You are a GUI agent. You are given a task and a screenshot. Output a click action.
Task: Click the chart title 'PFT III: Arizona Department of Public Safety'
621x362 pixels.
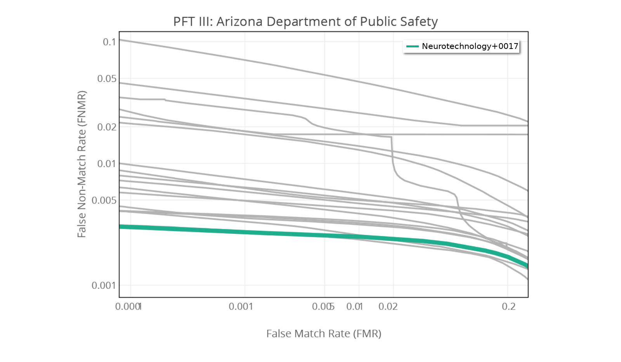click(x=305, y=21)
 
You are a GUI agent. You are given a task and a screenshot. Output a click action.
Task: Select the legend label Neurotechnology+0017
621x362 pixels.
click(x=470, y=46)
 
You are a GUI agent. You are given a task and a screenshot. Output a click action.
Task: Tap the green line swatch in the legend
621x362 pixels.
click(x=412, y=46)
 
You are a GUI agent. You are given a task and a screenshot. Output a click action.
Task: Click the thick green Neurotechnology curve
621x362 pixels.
click(x=272, y=233)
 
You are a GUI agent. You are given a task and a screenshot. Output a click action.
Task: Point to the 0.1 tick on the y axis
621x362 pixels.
click(x=109, y=42)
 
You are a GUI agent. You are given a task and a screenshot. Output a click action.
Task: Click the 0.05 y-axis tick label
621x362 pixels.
click(x=106, y=79)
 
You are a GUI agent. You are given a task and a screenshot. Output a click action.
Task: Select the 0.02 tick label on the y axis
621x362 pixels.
click(x=106, y=127)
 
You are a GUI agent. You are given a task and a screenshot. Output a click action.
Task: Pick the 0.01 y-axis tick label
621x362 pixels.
click(x=106, y=164)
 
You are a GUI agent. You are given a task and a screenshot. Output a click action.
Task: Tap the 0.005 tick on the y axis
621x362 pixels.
click(x=104, y=200)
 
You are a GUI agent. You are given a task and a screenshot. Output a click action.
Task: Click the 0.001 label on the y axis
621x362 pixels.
click(x=104, y=286)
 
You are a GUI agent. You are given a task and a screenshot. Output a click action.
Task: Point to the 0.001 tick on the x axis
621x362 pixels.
click(x=241, y=307)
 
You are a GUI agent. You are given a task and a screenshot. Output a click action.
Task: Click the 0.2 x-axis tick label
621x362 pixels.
click(x=508, y=307)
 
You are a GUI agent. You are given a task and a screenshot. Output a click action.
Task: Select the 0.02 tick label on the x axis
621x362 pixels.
click(x=388, y=307)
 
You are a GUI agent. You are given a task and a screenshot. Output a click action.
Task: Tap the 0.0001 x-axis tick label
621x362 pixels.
click(x=128, y=307)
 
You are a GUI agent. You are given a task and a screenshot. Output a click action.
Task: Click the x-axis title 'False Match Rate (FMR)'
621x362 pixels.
click(x=324, y=334)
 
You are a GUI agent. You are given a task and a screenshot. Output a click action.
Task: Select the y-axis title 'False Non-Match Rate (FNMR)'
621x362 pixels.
click(x=82, y=164)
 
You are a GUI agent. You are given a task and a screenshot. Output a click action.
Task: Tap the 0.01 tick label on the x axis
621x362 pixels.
click(x=354, y=307)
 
